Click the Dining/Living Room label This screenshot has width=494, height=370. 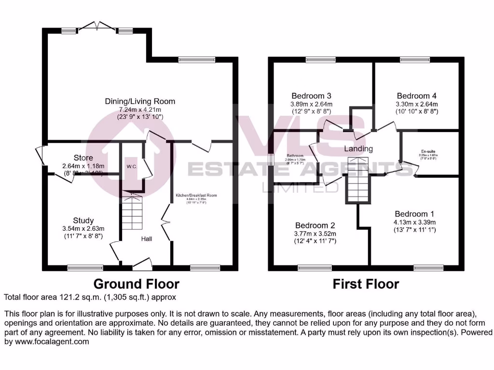point(140,101)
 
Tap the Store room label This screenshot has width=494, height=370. point(83,158)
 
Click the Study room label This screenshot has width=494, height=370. point(83,221)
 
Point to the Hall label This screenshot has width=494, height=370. point(147,239)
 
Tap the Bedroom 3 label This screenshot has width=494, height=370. point(311,95)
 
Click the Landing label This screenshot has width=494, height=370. point(358,149)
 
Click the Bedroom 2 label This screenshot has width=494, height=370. point(315,225)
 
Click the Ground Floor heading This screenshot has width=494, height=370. point(136,284)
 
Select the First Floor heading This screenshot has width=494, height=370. point(366,284)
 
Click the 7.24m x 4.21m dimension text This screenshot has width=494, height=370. point(140,109)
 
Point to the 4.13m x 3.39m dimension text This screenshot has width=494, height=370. point(414,222)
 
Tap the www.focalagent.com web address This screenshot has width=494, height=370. point(47,342)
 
